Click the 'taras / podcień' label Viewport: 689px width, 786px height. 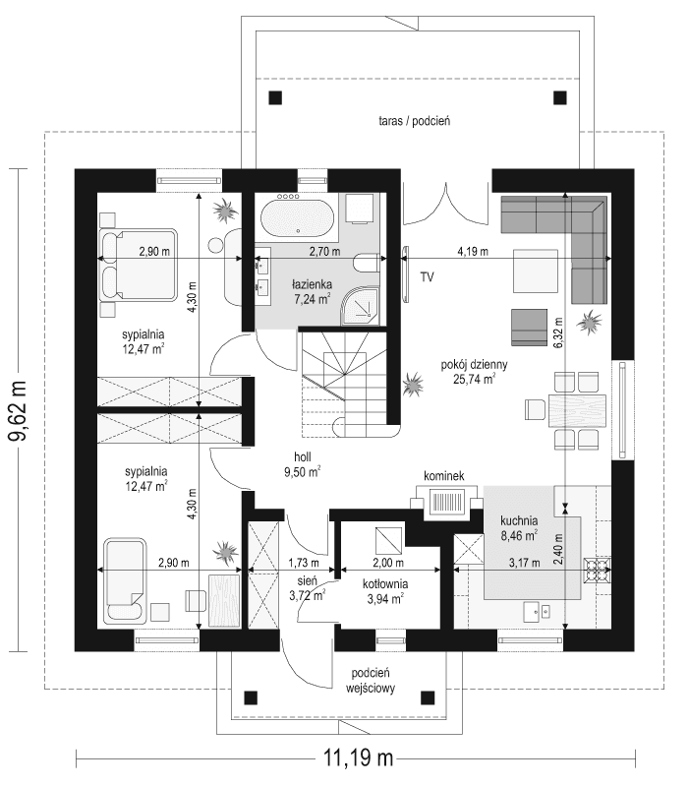(413, 122)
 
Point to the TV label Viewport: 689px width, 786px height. (428, 278)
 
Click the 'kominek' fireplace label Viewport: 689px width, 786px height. (443, 476)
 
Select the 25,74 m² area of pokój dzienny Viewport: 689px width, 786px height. (474, 378)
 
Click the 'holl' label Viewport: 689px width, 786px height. (303, 457)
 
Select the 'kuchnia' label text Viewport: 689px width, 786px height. (517, 521)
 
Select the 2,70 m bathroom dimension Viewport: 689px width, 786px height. (323, 252)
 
